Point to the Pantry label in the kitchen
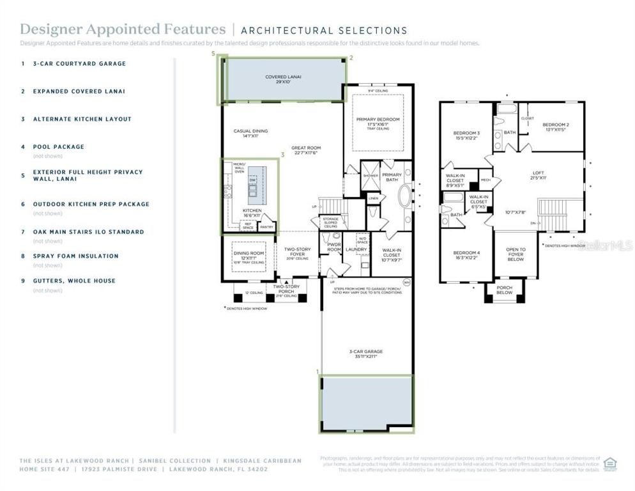267,226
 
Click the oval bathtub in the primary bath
406,195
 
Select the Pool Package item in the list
59,146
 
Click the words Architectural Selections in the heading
324,30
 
